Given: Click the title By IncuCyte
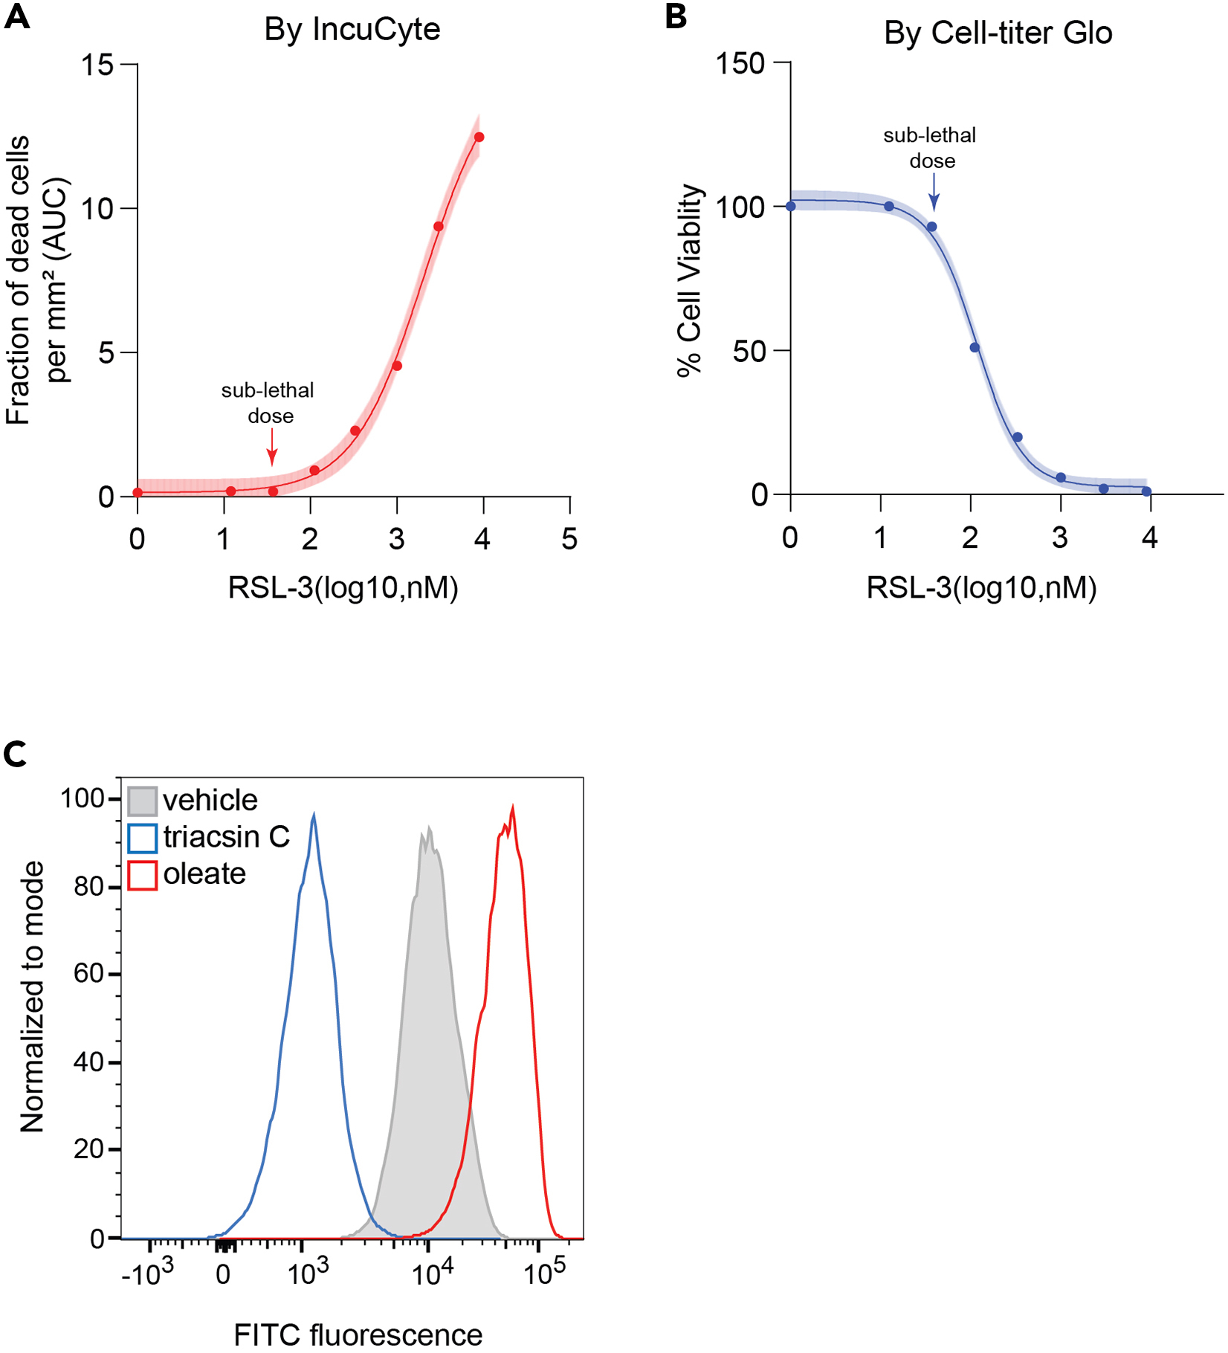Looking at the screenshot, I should tap(352, 30).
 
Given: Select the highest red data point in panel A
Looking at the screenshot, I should tap(479, 138).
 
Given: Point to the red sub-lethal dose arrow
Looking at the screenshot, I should tap(272, 448).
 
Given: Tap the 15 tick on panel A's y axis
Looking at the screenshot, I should tap(97, 65).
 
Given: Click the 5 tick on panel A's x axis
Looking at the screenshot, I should tap(569, 539).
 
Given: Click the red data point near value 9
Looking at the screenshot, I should tap(439, 227).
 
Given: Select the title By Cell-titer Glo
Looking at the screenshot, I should tap(998, 33).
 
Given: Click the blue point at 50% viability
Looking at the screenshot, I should tap(975, 348).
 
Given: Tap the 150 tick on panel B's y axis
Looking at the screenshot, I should tap(740, 63).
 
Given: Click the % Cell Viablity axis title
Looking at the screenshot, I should tap(690, 281).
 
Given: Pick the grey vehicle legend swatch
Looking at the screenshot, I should tap(142, 801).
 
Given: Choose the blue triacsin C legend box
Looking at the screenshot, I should tap(142, 838).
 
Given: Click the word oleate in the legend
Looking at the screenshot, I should tap(204, 874).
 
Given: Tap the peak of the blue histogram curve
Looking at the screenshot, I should tap(314, 816).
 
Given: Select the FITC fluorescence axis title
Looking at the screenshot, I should tap(358, 1335).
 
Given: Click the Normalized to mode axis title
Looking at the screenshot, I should tap(33, 996).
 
